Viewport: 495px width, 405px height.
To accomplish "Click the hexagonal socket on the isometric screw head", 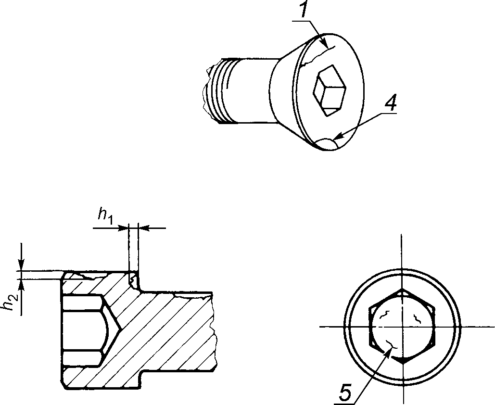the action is tap(330, 90).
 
